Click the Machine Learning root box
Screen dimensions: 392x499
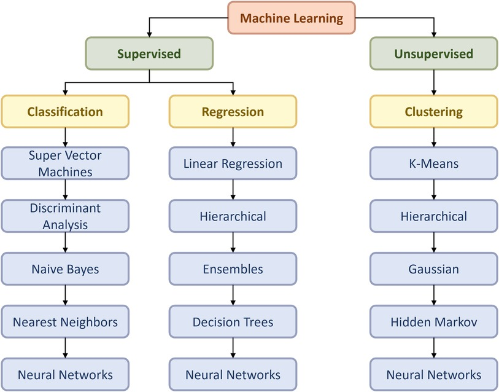[x=292, y=18]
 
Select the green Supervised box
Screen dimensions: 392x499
[x=149, y=54]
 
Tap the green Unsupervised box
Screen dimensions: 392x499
[x=434, y=54]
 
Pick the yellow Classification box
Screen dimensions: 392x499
[x=65, y=111]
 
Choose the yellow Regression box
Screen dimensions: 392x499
[x=233, y=111]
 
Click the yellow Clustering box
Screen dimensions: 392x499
[x=434, y=111]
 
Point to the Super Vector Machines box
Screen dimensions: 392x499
[x=65, y=163]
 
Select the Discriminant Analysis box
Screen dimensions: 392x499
[x=65, y=216]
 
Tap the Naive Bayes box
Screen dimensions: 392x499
[x=65, y=269]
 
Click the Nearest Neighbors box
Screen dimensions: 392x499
[x=65, y=322]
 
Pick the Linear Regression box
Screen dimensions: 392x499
[x=233, y=163]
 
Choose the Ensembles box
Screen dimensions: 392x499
[x=233, y=269]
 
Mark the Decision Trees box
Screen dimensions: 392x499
[x=233, y=322]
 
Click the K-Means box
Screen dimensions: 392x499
[x=434, y=163]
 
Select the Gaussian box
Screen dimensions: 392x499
[x=434, y=269]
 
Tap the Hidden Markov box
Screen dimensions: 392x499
[x=434, y=322]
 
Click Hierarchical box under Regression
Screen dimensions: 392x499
[x=233, y=216]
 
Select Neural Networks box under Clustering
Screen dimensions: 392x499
[x=434, y=374]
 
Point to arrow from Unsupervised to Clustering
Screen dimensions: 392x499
[x=434, y=82]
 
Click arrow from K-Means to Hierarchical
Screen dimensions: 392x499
[x=434, y=190]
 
